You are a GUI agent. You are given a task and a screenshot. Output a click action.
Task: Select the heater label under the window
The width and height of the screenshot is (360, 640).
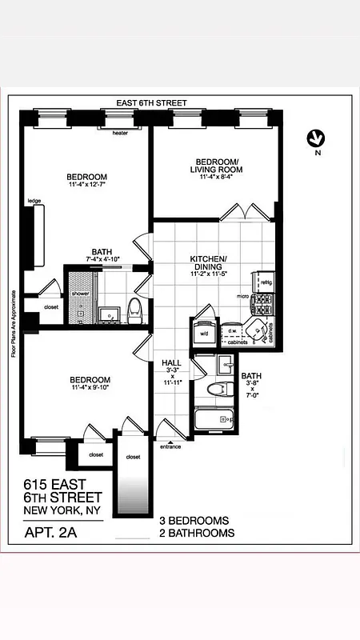tap(120, 134)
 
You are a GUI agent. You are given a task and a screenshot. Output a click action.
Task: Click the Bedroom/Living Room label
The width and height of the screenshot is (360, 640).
tap(214, 170)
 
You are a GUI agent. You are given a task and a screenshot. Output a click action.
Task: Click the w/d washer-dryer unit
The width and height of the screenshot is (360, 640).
tap(204, 332)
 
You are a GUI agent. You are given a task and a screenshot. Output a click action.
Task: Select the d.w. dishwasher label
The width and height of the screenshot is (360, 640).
tap(232, 330)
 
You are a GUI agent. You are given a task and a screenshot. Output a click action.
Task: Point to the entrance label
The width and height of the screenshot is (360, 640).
tap(170, 446)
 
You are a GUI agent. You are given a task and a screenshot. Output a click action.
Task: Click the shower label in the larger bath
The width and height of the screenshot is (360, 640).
tap(80, 294)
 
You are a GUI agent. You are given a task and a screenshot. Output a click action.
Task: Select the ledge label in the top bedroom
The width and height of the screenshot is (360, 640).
tap(34, 201)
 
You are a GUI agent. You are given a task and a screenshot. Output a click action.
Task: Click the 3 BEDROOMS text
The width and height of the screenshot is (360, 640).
tap(194, 520)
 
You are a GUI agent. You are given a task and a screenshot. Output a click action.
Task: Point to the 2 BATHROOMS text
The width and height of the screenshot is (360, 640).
tap(198, 533)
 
